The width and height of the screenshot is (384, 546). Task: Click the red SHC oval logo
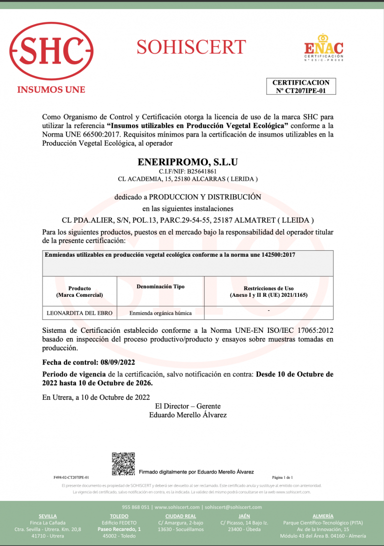point(51,52)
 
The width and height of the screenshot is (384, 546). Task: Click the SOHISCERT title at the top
point(191,47)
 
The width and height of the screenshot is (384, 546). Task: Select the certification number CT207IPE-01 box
point(300,87)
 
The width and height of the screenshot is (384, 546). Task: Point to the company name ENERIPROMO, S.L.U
point(187,162)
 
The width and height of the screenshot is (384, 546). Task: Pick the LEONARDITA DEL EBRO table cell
point(79,313)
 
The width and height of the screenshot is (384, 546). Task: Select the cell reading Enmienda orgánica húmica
point(160,313)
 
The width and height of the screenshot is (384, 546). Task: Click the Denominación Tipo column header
point(160,287)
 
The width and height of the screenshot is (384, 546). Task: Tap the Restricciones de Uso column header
point(268,292)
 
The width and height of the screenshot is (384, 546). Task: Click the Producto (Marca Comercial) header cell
point(79,292)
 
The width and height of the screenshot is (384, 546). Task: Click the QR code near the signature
point(123,463)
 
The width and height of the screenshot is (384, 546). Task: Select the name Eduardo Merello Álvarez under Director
point(188,415)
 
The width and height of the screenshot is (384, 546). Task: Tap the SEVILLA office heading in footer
point(48,516)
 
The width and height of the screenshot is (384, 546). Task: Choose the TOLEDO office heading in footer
point(119,516)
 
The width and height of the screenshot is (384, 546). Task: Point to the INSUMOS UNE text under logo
point(51,90)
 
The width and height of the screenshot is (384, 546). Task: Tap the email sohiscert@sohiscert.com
point(233,507)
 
